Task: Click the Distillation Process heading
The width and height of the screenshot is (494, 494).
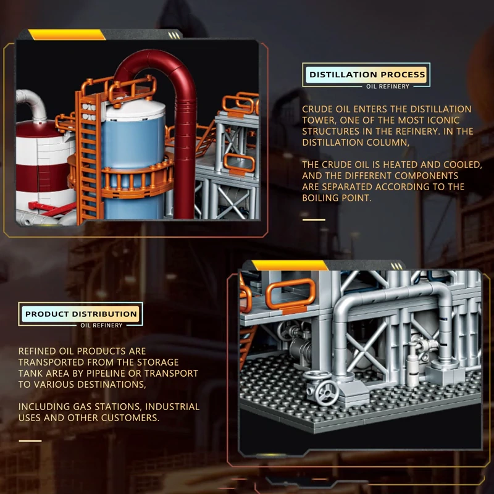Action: (367, 75)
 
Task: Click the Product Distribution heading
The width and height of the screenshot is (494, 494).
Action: (81, 314)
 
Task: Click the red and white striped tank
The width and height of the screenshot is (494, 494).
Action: (43, 161)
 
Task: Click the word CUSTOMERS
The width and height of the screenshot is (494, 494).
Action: (130, 418)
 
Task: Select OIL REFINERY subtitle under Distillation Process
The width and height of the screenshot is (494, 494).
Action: (388, 86)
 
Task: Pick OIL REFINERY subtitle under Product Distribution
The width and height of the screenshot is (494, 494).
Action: (101, 325)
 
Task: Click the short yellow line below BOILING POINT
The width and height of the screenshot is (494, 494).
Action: (314, 219)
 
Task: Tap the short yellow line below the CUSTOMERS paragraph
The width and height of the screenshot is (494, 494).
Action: (30, 440)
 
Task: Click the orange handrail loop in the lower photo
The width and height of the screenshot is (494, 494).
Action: (291, 295)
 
